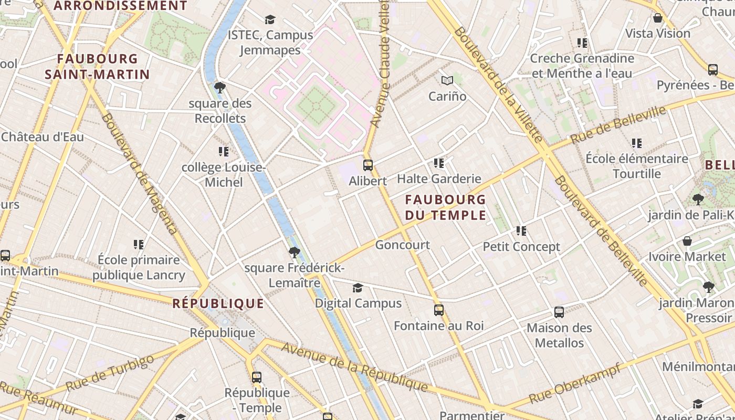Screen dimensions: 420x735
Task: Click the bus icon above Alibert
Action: coord(368,165)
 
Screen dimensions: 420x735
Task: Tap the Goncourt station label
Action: coord(403,245)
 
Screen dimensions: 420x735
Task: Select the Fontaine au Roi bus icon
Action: coord(439,310)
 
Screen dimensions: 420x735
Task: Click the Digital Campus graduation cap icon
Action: coord(358,288)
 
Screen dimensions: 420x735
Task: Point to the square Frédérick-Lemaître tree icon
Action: coord(295,253)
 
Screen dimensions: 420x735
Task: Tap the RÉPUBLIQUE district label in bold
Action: coord(218,303)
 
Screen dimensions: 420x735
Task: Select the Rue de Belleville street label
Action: coord(618,125)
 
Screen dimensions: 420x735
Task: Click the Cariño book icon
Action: coord(447,81)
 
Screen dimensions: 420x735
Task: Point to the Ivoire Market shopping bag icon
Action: coord(687,241)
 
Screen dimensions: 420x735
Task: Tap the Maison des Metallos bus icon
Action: coord(559,312)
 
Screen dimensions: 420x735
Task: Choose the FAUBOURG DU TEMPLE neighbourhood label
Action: coord(445,207)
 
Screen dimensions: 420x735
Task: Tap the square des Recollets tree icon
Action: coord(220,87)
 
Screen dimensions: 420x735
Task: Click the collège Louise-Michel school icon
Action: coord(224,152)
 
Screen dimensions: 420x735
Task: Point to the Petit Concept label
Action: coord(521,247)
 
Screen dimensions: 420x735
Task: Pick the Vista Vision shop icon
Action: coord(658,18)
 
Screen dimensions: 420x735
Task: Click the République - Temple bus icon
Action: coord(257,377)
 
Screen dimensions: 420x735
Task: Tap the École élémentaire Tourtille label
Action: coord(637,166)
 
